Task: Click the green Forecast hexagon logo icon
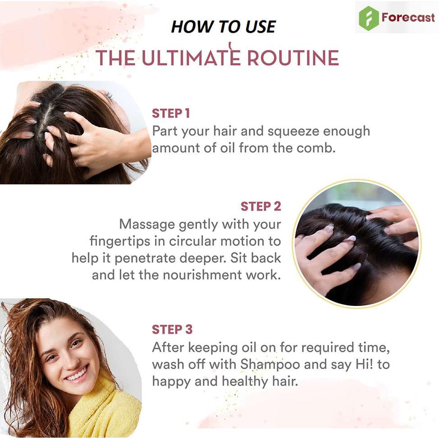click(x=368, y=18)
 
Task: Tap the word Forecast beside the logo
click(x=408, y=18)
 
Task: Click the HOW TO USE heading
click(x=224, y=27)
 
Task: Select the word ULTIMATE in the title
click(x=191, y=58)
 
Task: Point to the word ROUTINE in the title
click(x=293, y=58)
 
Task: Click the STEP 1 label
click(x=171, y=114)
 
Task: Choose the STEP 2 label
click(x=261, y=206)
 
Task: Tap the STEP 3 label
click(x=172, y=329)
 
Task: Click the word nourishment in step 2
click(x=202, y=275)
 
